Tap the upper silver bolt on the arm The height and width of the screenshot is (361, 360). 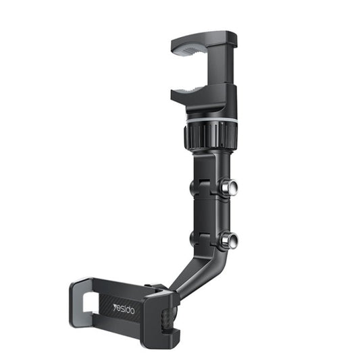click(x=232, y=187)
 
